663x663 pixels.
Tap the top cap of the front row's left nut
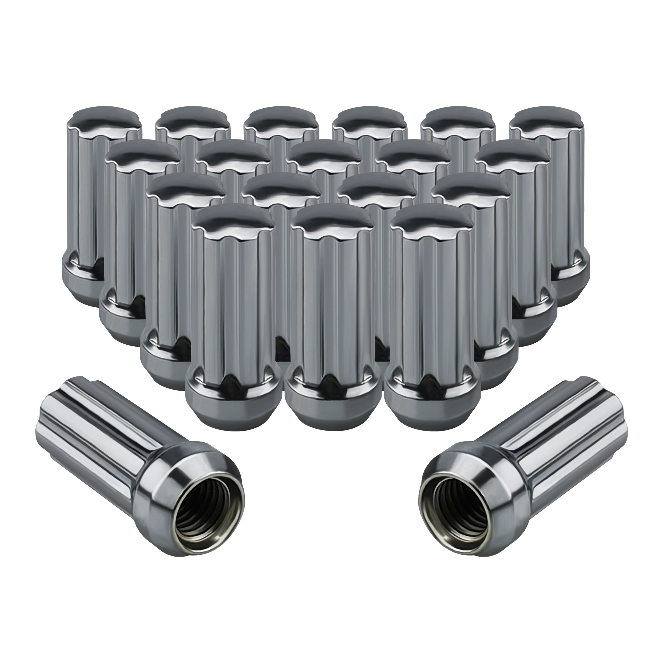(233, 221)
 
